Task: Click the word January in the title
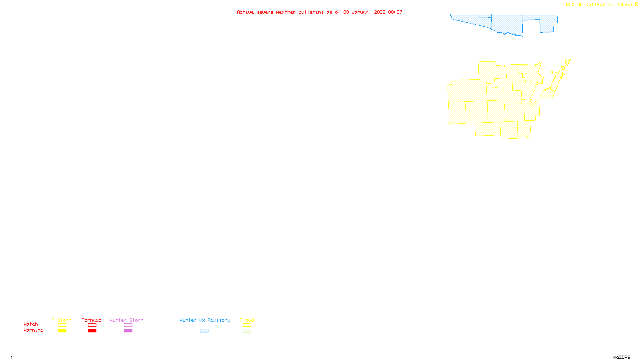pyautogui.click(x=361, y=12)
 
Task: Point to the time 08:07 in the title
pyautogui.click(x=395, y=12)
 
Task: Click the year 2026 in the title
pyautogui.click(x=380, y=12)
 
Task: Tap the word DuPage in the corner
pyautogui.click(x=624, y=5)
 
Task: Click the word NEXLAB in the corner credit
pyautogui.click(x=574, y=5)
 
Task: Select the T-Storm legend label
pyautogui.click(x=62, y=320)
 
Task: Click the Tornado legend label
pyautogui.click(x=92, y=320)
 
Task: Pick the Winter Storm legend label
pyautogui.click(x=126, y=320)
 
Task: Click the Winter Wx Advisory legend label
pyautogui.click(x=205, y=320)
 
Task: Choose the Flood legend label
pyautogui.click(x=247, y=320)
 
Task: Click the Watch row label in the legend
pyautogui.click(x=31, y=324)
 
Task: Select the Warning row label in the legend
pyautogui.click(x=34, y=330)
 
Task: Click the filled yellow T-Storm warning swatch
pyautogui.click(x=62, y=331)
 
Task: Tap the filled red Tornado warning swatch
pyautogui.click(x=92, y=331)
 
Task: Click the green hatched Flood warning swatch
pyautogui.click(x=247, y=331)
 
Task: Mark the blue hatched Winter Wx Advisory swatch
pyautogui.click(x=204, y=331)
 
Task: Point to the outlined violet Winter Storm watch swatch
pyautogui.click(x=128, y=325)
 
